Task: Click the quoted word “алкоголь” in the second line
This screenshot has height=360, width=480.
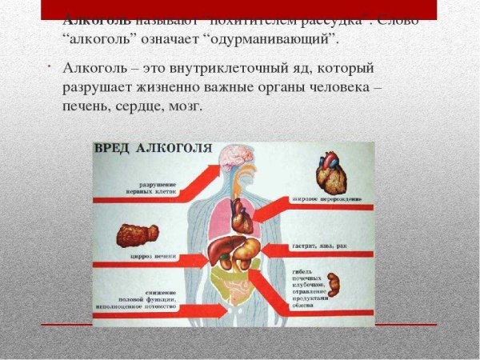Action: pos(100,38)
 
